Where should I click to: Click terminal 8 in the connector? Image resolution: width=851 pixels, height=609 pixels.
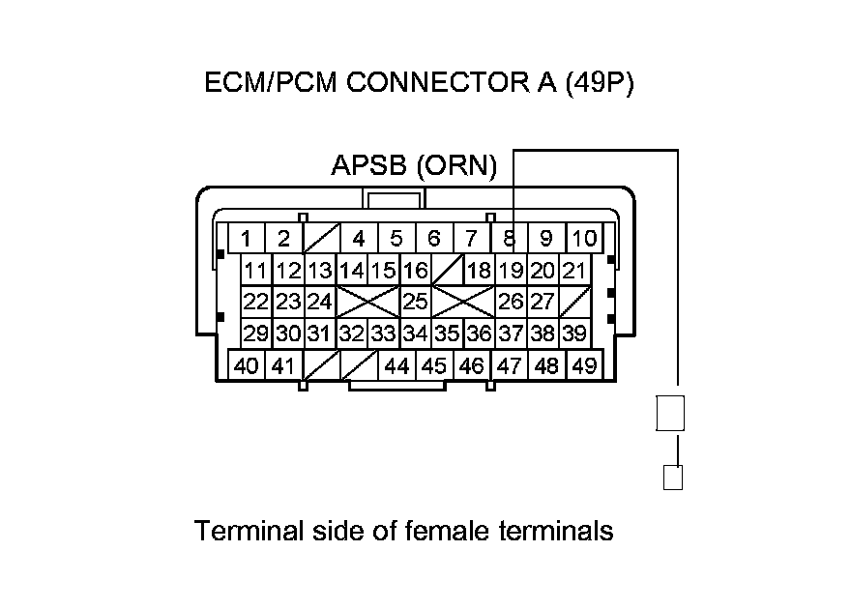[509, 238]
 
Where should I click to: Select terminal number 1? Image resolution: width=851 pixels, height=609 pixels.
[248, 238]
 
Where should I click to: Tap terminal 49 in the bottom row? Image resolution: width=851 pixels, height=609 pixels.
[583, 366]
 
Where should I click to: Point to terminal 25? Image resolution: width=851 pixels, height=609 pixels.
[415, 302]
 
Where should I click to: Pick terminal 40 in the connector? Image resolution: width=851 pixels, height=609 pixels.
[247, 366]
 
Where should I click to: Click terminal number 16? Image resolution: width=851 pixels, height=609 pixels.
[415, 271]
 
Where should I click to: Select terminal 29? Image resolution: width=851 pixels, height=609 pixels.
[255, 333]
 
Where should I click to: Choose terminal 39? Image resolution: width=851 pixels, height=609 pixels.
[574, 333]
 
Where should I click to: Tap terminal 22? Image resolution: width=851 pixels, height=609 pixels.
[255, 302]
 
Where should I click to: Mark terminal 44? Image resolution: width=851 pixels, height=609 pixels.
[396, 366]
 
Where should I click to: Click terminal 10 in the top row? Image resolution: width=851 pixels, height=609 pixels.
[583, 238]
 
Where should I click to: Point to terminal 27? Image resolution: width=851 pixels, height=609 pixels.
[543, 302]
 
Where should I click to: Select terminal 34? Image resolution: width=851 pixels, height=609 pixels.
[415, 333]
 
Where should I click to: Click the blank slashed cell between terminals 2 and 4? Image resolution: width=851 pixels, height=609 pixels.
[321, 238]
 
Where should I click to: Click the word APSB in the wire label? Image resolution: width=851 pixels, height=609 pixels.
[369, 167]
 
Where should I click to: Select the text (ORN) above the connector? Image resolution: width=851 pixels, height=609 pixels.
[456, 167]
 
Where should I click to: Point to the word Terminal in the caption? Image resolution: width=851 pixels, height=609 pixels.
[243, 531]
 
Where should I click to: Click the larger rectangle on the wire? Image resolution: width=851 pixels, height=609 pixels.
[670, 413]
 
